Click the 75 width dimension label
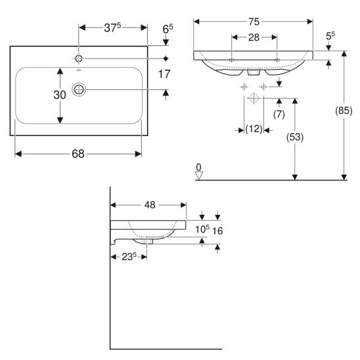coord(254,22)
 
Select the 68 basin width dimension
coord(78,154)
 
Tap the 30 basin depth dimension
coord(60,95)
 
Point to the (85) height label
coord(344,111)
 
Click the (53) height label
coord(295,137)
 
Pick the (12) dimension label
coord(254,129)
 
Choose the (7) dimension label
coord(279,114)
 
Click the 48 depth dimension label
coord(150,205)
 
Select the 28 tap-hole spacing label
coord(254,37)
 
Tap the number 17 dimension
coord(164,74)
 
